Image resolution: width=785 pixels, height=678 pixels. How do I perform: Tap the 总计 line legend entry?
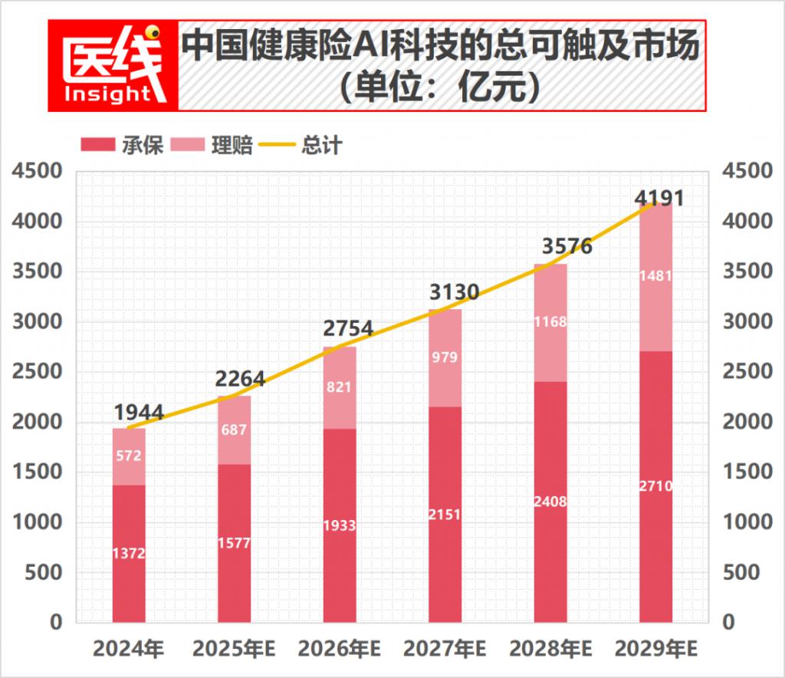(x=301, y=145)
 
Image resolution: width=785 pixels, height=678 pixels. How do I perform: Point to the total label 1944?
(x=139, y=412)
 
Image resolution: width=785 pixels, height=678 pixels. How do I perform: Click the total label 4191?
(x=659, y=198)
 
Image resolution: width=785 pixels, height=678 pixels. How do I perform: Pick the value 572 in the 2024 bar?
(x=129, y=456)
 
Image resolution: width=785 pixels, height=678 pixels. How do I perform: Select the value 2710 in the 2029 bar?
(x=655, y=485)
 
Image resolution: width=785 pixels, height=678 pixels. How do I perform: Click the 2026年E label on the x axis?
(x=340, y=650)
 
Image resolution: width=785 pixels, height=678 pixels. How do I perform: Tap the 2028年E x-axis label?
(x=550, y=650)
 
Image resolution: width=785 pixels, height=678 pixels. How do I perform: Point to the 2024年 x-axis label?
(x=129, y=650)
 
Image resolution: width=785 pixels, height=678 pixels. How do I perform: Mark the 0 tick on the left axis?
(x=54, y=622)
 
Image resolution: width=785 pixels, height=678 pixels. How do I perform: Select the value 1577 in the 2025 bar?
(x=234, y=544)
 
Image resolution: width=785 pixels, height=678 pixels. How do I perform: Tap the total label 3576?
(x=567, y=247)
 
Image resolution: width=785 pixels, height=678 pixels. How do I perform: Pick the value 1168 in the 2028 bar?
(x=550, y=321)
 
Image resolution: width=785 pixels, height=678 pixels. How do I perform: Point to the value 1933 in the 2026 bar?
(x=340, y=525)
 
